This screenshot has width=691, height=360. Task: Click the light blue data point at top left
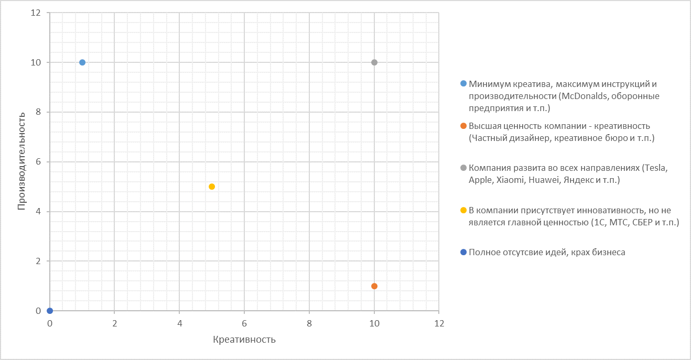[x=82, y=62]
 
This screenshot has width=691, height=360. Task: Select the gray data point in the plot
[x=374, y=62]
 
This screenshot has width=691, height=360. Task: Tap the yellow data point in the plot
[x=212, y=187]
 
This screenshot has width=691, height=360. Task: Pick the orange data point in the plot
[x=374, y=286]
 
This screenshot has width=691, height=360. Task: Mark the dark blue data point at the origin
[x=50, y=311]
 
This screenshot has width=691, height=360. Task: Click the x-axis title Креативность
[x=244, y=340]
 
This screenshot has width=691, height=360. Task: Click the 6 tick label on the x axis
[x=244, y=323]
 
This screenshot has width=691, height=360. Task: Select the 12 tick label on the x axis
[x=439, y=323]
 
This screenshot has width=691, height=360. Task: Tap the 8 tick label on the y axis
[x=39, y=112]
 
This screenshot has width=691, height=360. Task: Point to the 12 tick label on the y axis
[x=37, y=13]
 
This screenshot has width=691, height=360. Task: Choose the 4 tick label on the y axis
[x=39, y=212]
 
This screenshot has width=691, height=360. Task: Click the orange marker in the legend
[x=463, y=126]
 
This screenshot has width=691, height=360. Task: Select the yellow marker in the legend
[x=463, y=210]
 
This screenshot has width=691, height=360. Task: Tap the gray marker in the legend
[x=463, y=168]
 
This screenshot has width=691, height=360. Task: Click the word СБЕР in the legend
[x=643, y=223]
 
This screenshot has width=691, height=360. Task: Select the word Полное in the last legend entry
[x=484, y=252]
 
